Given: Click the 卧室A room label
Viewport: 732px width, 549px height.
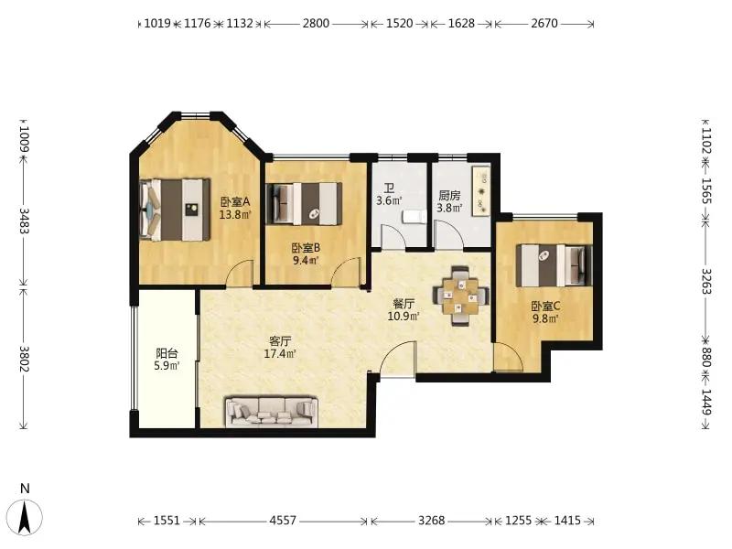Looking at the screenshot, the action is (x=235, y=201).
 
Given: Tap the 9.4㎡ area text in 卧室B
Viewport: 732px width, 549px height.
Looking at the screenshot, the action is (x=306, y=261).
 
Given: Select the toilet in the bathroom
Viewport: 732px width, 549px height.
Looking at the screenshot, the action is (x=414, y=217).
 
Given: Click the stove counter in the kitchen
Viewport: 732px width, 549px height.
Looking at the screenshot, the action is (x=481, y=190).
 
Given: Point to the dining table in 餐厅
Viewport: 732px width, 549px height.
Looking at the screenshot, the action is (x=461, y=296).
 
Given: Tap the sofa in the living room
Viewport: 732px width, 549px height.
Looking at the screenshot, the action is (x=271, y=411).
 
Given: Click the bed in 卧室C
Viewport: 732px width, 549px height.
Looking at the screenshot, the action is (x=554, y=265).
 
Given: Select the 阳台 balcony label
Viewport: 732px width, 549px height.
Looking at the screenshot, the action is (x=167, y=353).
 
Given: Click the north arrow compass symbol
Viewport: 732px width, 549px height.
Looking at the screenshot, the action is (x=26, y=517).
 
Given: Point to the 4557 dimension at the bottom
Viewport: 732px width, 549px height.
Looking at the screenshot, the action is (x=283, y=520).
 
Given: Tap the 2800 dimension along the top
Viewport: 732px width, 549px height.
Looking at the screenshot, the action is (x=316, y=23).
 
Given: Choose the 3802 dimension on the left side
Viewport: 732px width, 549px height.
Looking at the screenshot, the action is (x=25, y=359).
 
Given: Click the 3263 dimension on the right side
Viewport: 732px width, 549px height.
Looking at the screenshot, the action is (x=705, y=281).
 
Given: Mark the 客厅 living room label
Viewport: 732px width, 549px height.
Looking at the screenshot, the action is (x=280, y=340).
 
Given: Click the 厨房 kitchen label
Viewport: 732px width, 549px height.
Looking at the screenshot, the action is (x=449, y=195).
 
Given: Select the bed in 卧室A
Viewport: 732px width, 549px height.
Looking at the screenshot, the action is (x=175, y=210).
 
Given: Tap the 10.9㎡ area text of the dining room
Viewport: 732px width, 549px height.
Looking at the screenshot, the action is (x=404, y=316).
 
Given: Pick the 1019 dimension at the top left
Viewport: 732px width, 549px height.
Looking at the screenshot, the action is (x=157, y=23).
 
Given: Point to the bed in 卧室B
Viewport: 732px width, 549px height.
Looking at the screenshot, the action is (x=304, y=203).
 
